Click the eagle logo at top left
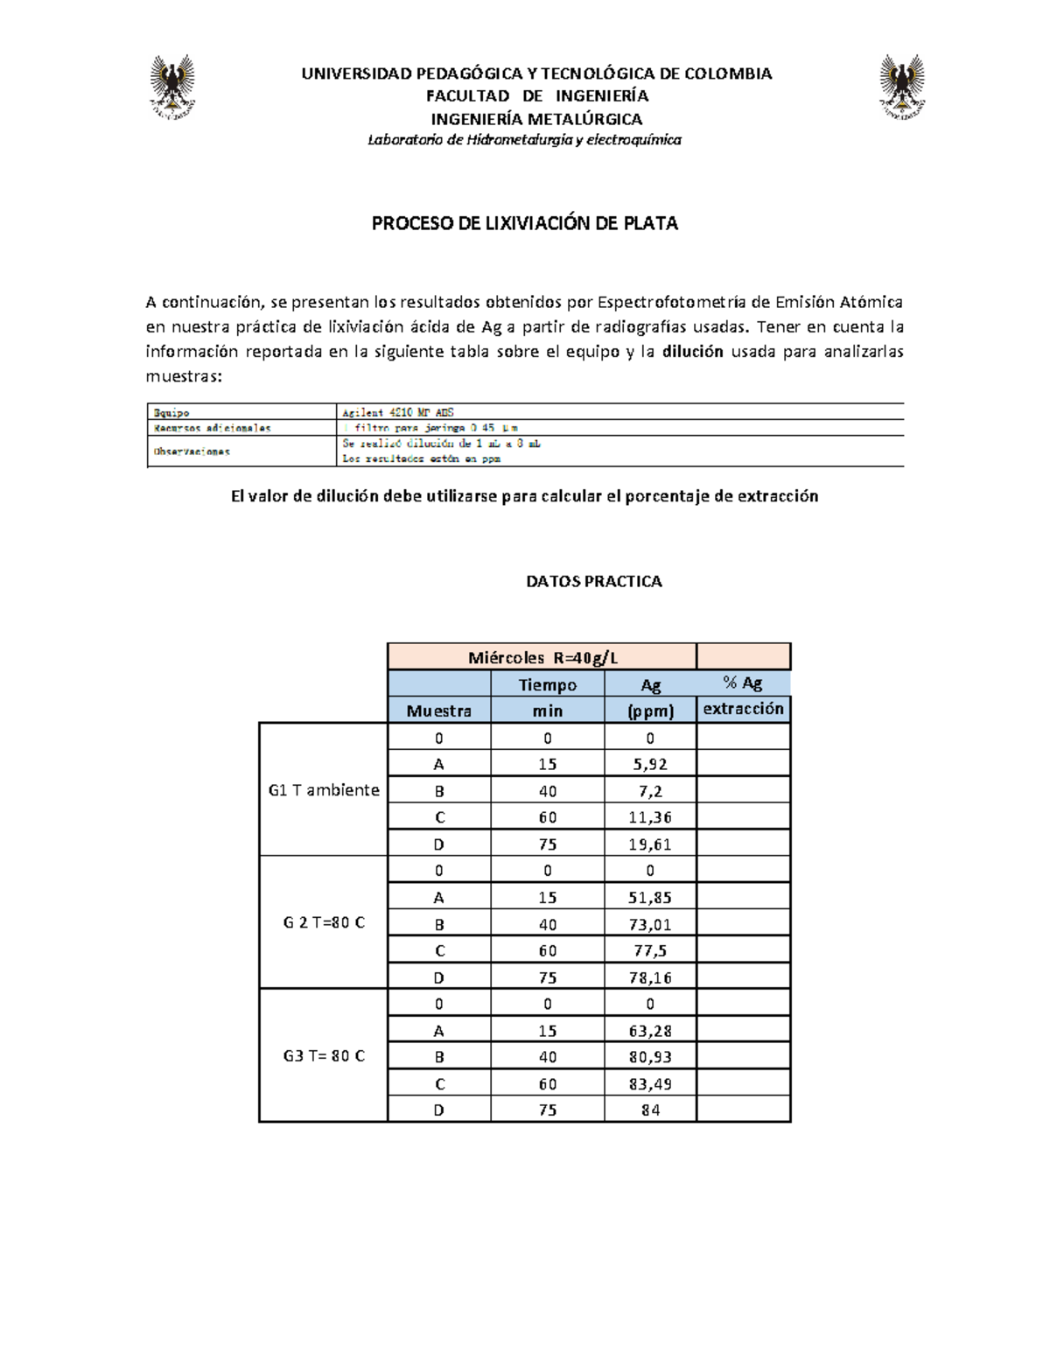[x=172, y=87]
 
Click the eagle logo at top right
[x=902, y=87]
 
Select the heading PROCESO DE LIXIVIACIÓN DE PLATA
[x=524, y=223]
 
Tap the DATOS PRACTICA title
[x=593, y=581]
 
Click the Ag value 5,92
[x=649, y=764]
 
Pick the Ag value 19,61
[x=649, y=844]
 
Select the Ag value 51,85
[x=649, y=897]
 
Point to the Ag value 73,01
[x=649, y=924]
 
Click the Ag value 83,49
[x=649, y=1083]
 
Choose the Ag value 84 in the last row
[x=649, y=1110]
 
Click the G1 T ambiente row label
[x=324, y=789]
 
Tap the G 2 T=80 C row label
[x=324, y=922]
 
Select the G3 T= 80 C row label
[x=324, y=1055]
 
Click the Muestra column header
[x=438, y=711]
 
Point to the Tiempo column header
[x=547, y=684]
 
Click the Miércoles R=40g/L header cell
[x=542, y=657]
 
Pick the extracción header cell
[x=743, y=709]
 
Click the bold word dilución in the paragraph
[x=693, y=352]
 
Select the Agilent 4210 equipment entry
[x=398, y=412]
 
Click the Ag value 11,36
[x=649, y=817]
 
